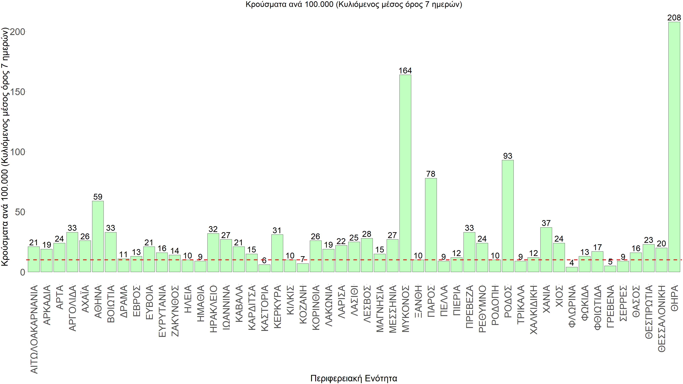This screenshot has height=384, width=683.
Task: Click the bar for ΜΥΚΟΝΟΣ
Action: coord(405,173)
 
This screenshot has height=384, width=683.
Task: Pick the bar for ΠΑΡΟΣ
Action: coord(431,225)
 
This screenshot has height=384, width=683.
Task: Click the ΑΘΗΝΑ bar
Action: coord(98,236)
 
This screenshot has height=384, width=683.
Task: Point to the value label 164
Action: coord(405,71)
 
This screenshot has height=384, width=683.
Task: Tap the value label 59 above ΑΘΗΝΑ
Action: coord(98,197)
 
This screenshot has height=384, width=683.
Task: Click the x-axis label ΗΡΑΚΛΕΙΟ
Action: coord(213,309)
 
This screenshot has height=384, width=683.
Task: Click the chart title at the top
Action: coord(354,4)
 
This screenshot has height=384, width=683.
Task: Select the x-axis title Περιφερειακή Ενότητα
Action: coord(354,378)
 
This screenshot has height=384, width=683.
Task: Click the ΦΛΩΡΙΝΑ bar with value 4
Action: coord(572,269)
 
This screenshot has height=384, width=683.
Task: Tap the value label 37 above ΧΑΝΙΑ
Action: coord(546,223)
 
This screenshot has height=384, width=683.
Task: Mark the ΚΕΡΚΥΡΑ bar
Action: coord(277,253)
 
